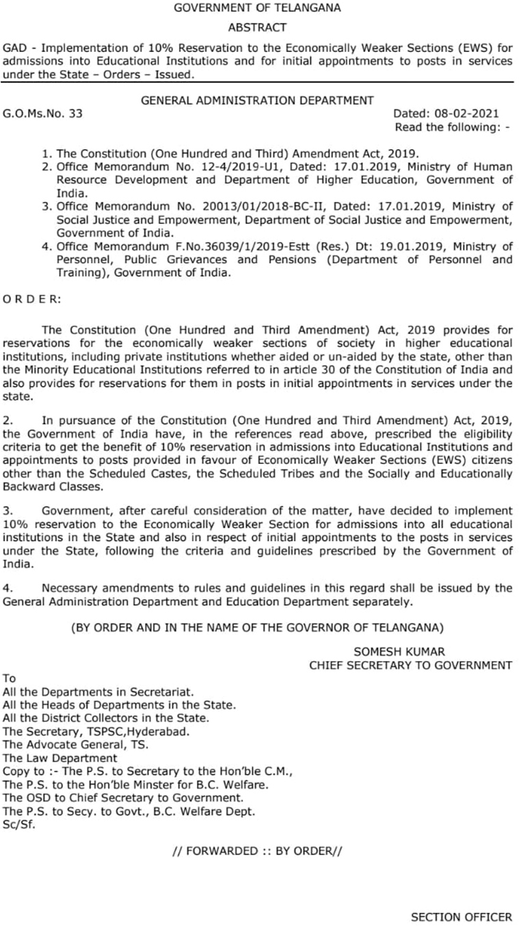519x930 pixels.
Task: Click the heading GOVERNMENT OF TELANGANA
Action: coord(257,8)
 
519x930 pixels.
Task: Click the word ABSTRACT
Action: coord(257,27)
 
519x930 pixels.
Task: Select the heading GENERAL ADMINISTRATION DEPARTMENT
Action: coord(257,101)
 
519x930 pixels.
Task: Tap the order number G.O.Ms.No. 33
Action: coord(42,114)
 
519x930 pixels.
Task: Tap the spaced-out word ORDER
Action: coord(32,299)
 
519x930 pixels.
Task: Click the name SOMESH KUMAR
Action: coord(399,651)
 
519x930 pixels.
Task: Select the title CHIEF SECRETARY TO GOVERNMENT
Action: coord(410,664)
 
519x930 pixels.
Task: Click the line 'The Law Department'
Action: coord(60,758)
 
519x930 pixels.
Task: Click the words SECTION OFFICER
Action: coord(461,917)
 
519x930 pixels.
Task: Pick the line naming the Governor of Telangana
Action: coord(257,626)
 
